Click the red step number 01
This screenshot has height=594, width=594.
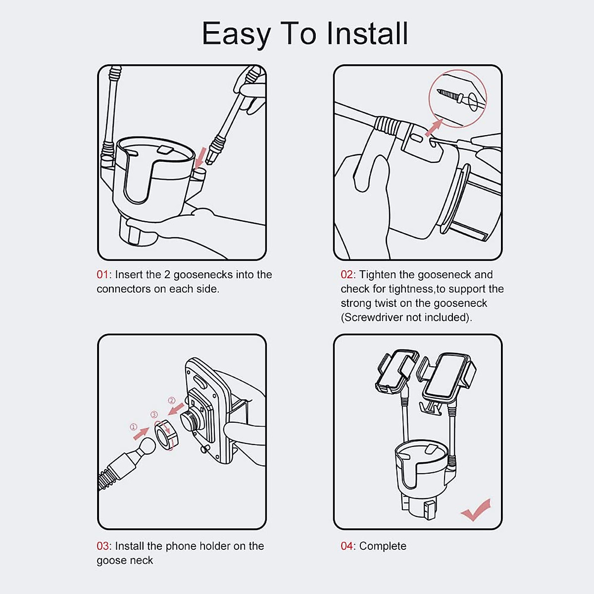(102, 275)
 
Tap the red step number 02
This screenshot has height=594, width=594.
(347, 275)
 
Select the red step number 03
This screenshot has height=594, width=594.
(102, 546)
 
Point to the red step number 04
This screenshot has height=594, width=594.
(347, 546)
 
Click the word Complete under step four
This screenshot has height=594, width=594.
(383, 546)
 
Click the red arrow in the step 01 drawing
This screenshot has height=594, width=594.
(200, 157)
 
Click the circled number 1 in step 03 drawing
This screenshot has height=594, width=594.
(134, 427)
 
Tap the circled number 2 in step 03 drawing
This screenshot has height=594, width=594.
(172, 400)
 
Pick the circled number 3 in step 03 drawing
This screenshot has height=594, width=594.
(154, 414)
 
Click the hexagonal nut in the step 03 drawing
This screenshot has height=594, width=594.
(167, 434)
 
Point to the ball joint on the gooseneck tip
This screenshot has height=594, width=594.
(146, 447)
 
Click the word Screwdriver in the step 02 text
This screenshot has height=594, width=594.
(373, 317)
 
